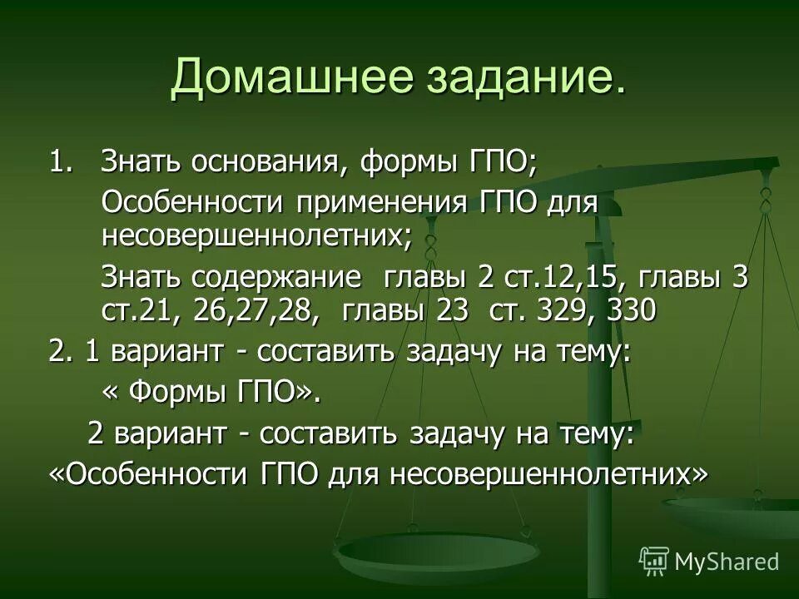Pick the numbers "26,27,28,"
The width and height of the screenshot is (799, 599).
255,309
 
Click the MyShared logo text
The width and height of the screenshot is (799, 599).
726,561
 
